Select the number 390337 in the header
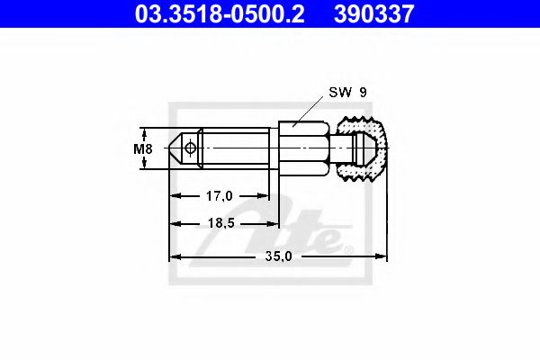379,13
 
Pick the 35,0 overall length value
278,256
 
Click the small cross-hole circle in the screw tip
190,148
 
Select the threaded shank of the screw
234,148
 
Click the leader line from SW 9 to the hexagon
310,109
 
